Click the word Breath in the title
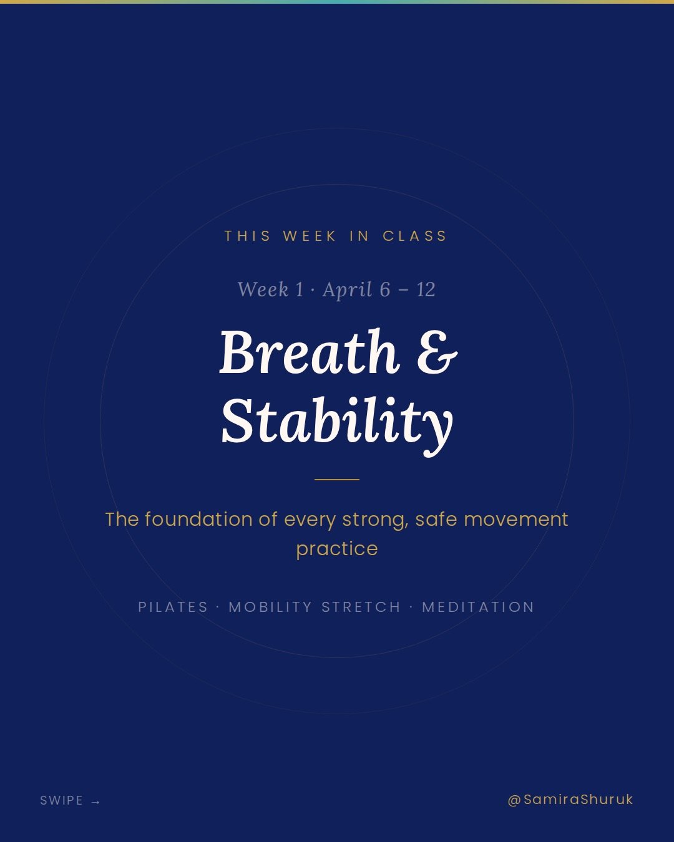click(309, 352)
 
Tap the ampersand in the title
click(437, 353)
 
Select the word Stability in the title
click(337, 422)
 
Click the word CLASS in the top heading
click(415, 236)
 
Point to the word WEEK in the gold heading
click(310, 236)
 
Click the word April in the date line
click(347, 289)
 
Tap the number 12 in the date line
click(426, 289)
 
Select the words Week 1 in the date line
click(270, 289)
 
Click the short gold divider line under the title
click(337, 480)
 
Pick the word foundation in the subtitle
click(211, 520)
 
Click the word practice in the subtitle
click(337, 549)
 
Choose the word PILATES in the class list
click(173, 607)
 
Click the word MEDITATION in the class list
click(478, 607)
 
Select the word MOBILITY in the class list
click(270, 607)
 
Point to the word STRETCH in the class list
click(361, 607)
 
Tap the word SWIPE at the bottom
click(61, 801)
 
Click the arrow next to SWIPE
click(95, 801)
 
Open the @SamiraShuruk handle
click(570, 800)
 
